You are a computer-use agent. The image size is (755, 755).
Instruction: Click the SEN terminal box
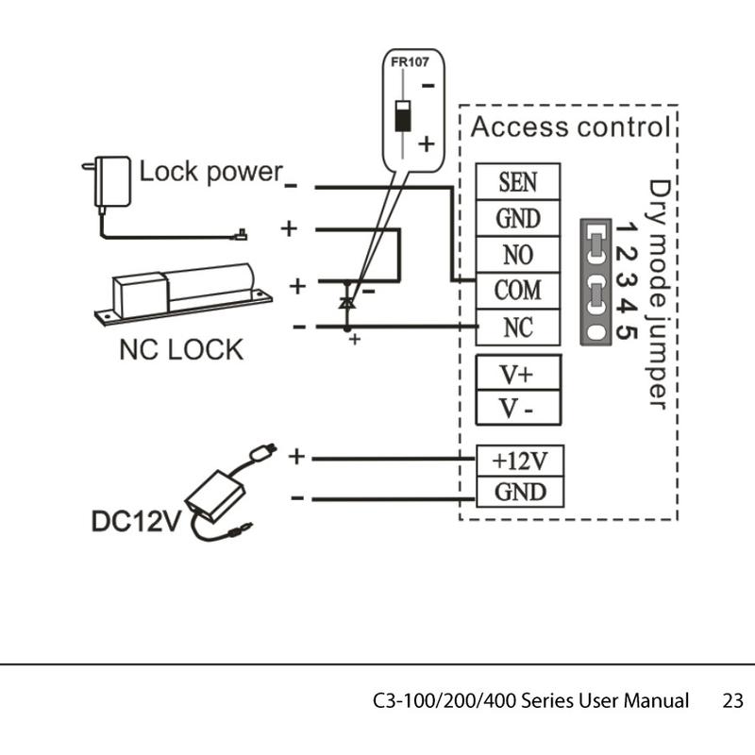(x=518, y=181)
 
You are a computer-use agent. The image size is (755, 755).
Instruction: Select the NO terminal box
(x=518, y=255)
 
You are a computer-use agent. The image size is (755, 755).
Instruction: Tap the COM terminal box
(x=518, y=290)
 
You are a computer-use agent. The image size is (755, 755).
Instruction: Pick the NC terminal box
(x=518, y=327)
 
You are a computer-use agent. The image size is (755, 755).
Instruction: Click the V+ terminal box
(x=517, y=373)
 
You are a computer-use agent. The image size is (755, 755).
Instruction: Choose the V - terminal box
(x=517, y=410)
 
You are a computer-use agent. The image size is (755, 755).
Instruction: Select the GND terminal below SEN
(x=518, y=218)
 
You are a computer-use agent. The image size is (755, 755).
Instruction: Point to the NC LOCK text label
(x=180, y=349)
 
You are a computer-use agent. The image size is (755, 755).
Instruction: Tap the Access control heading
(x=570, y=126)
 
